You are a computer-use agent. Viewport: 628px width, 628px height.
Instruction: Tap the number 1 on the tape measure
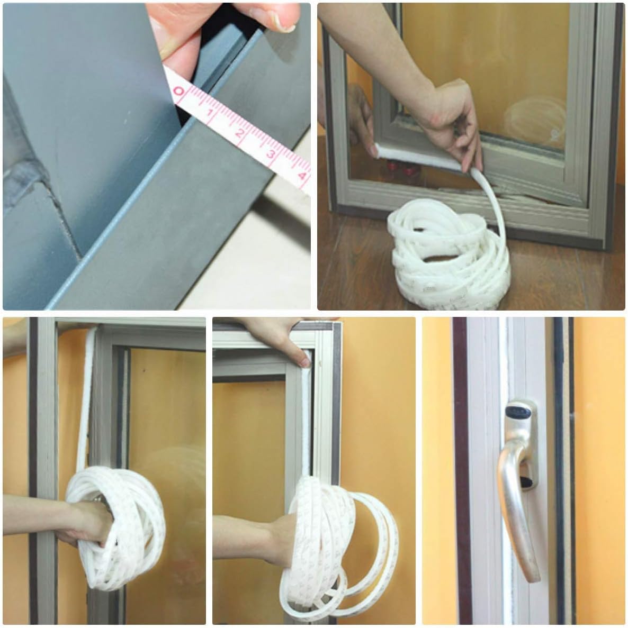point(210,113)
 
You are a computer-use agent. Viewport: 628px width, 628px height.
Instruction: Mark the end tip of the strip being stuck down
point(377,152)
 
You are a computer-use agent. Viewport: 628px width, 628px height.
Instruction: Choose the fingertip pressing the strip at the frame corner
point(304,360)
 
